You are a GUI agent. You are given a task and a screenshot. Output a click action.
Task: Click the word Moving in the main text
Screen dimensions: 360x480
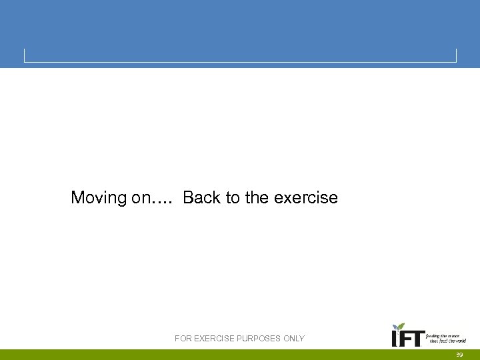coord(99,198)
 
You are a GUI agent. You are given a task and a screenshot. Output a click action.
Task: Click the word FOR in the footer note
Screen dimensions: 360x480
coord(183,339)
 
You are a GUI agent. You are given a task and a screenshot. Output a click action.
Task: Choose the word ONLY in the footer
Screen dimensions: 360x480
coord(294,339)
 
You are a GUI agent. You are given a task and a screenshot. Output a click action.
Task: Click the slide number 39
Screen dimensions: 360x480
coord(459,355)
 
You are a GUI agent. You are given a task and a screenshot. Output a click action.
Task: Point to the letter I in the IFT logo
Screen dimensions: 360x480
coord(395,340)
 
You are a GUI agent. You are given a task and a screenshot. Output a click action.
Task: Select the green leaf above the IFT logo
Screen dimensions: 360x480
coord(401,327)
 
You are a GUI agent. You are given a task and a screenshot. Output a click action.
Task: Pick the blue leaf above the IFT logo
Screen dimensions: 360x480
coord(395,327)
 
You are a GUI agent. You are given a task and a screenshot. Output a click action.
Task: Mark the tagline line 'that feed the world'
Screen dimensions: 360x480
coord(447,341)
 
